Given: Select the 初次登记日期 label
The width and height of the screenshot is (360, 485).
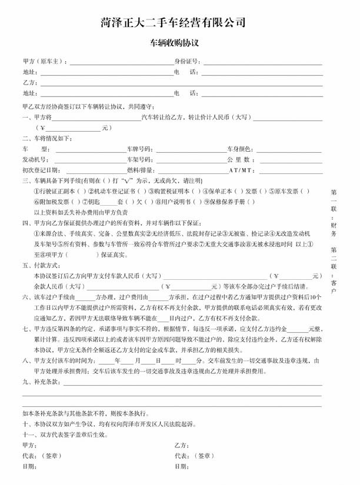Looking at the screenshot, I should point(40,170).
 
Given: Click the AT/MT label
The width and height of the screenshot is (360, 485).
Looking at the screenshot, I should point(241,170).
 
